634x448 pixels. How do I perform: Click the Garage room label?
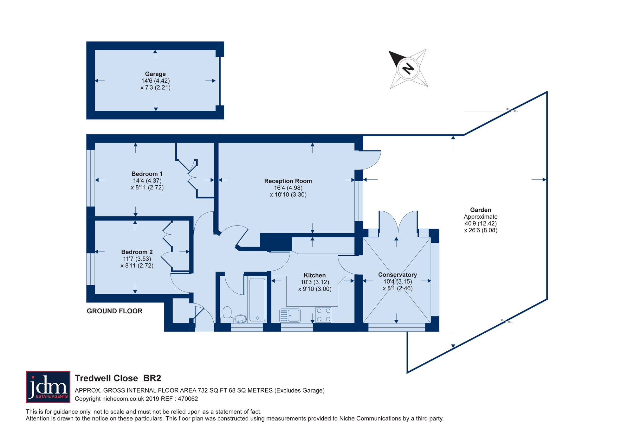(x=155, y=74)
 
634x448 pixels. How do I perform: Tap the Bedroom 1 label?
(x=147, y=174)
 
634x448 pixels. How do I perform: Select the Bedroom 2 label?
(x=137, y=252)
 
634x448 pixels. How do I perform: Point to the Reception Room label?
(x=288, y=181)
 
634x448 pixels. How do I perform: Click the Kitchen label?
(x=315, y=275)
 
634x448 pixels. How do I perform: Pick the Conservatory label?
(x=398, y=275)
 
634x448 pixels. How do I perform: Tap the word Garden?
(x=481, y=210)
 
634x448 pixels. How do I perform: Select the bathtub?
(x=257, y=299)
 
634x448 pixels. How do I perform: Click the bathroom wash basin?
(x=241, y=319)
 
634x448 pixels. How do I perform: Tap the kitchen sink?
(x=290, y=316)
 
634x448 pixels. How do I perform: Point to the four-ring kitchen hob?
(x=323, y=315)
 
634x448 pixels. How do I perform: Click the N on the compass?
(x=408, y=68)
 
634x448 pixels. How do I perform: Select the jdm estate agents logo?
(x=48, y=387)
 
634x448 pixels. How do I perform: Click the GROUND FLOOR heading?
(x=115, y=311)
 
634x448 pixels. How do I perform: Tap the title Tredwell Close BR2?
(x=118, y=378)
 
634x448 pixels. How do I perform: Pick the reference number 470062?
(x=188, y=399)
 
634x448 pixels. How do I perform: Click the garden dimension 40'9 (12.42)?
(x=481, y=223)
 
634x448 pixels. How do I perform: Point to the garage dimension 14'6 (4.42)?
(x=155, y=81)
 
